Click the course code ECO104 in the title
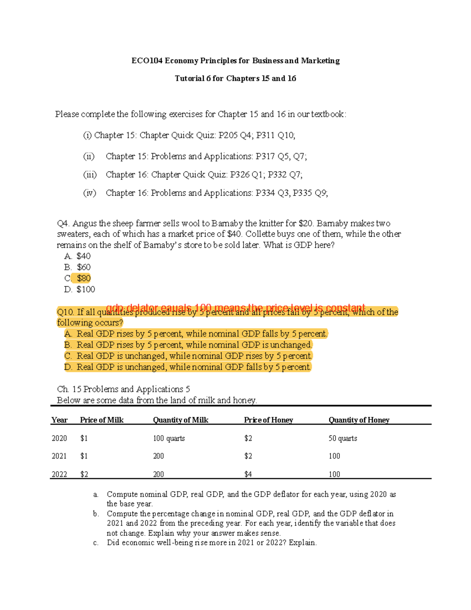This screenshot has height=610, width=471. click(147, 60)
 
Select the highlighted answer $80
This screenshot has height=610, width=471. click(84, 278)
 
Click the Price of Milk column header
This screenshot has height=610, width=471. click(102, 420)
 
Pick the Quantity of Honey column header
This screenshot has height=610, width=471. click(359, 420)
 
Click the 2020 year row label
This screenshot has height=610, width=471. click(59, 438)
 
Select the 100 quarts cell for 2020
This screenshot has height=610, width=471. click(169, 438)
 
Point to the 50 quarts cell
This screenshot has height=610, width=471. click(343, 438)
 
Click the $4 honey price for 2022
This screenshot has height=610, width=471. click(248, 474)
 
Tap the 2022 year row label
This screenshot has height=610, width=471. click(59, 474)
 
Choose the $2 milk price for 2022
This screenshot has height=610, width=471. click(84, 474)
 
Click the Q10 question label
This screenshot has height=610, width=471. click(65, 312)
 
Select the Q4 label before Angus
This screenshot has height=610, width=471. click(63, 223)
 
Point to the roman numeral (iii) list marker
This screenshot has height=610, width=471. click(90, 174)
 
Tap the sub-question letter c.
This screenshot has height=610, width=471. click(96, 543)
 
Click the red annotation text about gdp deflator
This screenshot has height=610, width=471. click(235, 307)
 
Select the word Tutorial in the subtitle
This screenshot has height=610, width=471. click(190, 78)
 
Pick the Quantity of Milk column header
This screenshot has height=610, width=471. click(181, 420)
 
